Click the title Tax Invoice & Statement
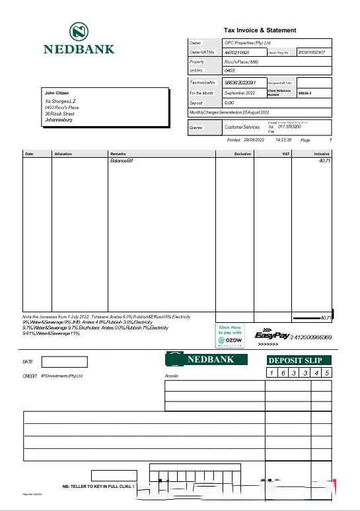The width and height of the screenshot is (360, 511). (x=260, y=30)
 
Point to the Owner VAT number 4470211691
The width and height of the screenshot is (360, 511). (x=237, y=52)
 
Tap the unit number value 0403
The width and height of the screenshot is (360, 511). (x=230, y=70)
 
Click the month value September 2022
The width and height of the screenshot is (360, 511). (x=240, y=93)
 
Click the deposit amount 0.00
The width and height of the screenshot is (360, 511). (x=229, y=103)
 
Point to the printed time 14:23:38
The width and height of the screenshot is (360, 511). (x=283, y=141)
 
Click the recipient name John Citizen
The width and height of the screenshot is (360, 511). (x=57, y=93)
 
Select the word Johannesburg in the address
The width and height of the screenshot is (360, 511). (x=59, y=120)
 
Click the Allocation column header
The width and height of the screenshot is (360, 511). (x=63, y=154)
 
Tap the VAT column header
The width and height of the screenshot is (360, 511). (x=286, y=154)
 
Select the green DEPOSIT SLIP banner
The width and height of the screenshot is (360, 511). (x=299, y=360)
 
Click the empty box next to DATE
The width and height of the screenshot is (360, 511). (x=64, y=362)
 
